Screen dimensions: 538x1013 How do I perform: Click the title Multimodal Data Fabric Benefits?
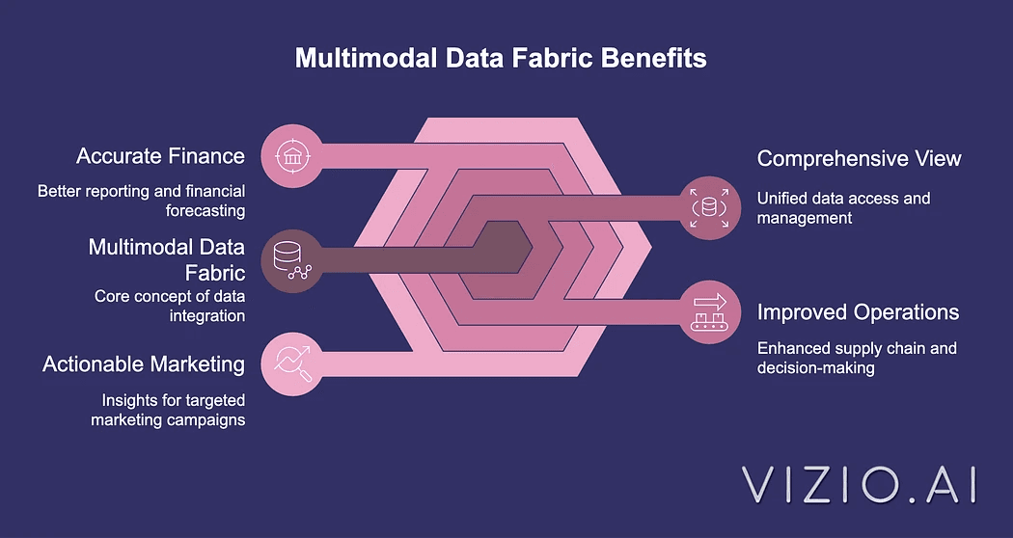coord(500,58)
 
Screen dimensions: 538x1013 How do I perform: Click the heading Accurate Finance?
coord(160,156)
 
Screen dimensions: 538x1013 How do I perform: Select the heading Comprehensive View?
coord(859,158)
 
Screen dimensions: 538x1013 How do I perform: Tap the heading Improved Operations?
coord(858,312)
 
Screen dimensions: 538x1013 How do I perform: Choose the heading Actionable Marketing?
coord(144,364)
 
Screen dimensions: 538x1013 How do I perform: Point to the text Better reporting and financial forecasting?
coord(141,201)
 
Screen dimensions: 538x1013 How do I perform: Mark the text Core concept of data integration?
coord(169,306)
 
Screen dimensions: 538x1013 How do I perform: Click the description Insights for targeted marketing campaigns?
coord(168,410)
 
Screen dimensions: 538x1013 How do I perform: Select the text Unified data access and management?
coord(843,207)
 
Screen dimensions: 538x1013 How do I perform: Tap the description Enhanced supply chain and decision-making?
coord(857,357)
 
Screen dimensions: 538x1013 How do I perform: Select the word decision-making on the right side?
coord(815,367)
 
